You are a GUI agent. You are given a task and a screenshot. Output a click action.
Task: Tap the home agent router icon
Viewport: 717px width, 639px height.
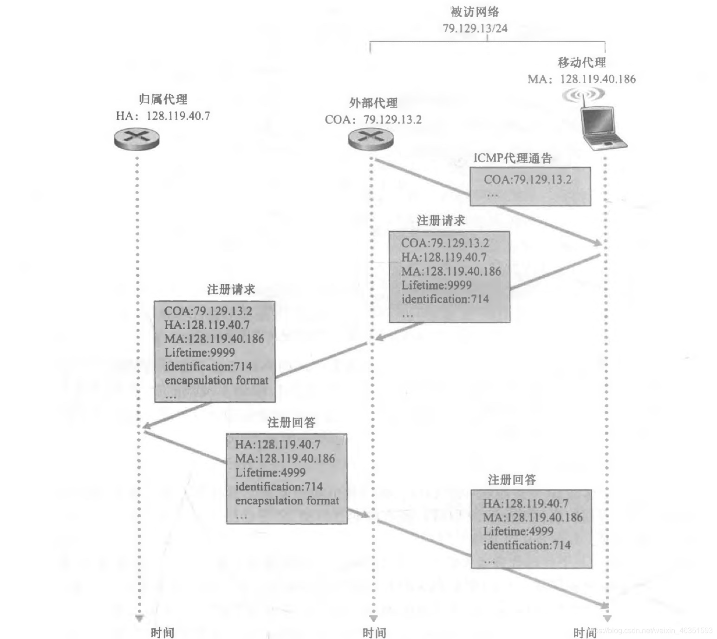click(x=137, y=138)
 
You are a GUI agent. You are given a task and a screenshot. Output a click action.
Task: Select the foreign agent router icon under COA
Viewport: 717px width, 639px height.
click(x=371, y=138)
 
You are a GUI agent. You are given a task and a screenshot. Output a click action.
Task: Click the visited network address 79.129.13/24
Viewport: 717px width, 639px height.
click(x=475, y=28)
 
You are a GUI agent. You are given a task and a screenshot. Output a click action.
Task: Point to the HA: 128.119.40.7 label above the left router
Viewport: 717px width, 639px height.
click(x=163, y=116)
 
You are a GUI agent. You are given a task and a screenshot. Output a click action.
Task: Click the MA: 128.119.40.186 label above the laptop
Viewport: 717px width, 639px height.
click(x=581, y=79)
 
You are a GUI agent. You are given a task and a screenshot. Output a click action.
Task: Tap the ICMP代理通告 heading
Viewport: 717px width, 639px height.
click(x=512, y=158)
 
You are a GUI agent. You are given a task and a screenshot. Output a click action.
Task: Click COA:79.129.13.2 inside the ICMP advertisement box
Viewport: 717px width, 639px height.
click(x=528, y=180)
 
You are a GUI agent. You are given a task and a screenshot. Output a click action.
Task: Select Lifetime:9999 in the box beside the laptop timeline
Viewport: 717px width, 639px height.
click(x=437, y=285)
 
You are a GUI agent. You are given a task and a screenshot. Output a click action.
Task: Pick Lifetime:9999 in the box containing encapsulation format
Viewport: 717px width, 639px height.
click(x=200, y=352)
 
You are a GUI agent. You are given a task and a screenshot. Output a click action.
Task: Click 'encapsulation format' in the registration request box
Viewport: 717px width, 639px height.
click(x=216, y=380)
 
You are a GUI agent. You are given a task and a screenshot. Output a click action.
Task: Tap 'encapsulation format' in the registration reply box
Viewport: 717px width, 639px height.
click(x=287, y=501)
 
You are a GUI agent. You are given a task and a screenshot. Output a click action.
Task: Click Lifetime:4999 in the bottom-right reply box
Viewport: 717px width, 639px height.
click(x=518, y=531)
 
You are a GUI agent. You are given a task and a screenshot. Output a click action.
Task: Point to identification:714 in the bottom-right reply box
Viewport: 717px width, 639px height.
click(x=527, y=545)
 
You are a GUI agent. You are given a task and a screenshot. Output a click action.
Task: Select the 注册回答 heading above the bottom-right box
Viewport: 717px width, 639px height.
click(x=512, y=480)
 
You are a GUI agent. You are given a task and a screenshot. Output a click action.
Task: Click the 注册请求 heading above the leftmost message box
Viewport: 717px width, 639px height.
click(x=231, y=290)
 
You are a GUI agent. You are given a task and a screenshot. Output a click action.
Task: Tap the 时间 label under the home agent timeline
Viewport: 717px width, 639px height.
click(x=163, y=632)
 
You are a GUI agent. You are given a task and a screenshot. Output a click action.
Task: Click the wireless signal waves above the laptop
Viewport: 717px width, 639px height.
click(x=583, y=95)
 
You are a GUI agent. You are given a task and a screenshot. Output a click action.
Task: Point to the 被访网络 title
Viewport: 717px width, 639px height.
click(x=475, y=12)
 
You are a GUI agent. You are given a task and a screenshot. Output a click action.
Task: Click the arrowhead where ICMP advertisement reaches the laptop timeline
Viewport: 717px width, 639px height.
click(x=597, y=242)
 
